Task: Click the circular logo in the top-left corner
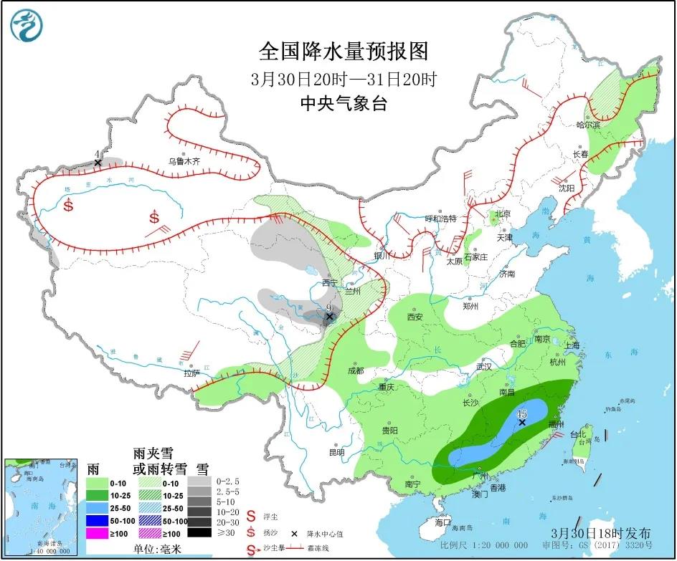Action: (x=27, y=26)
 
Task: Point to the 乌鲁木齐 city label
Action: (x=184, y=162)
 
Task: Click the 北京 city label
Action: (x=501, y=214)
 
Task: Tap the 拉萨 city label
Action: (x=191, y=373)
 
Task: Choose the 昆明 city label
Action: (x=336, y=452)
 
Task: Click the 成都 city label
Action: (x=355, y=370)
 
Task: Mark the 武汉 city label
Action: (x=485, y=366)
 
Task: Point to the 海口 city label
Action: (x=443, y=522)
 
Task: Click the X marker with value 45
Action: (x=522, y=423)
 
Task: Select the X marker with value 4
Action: (x=98, y=163)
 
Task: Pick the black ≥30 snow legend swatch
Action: (x=200, y=532)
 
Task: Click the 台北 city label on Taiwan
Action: (x=577, y=434)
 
